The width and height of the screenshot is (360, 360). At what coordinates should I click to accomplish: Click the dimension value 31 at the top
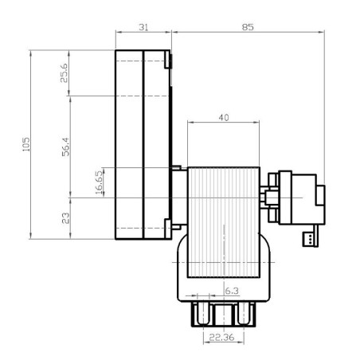click(x=143, y=27)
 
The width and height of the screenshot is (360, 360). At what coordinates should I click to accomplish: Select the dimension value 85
click(x=248, y=27)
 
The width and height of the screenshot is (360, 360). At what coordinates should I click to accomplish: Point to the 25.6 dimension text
click(x=65, y=73)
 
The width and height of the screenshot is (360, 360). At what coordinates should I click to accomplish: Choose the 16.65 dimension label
click(x=100, y=182)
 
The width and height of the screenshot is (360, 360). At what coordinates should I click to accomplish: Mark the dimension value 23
click(x=65, y=217)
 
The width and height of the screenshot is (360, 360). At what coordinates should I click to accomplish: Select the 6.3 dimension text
click(x=231, y=291)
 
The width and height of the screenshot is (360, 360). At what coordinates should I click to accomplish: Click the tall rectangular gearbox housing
click(x=141, y=144)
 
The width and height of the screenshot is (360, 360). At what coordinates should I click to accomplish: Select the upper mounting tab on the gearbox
click(x=168, y=60)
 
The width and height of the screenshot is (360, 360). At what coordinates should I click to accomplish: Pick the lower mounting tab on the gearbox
click(x=168, y=226)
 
